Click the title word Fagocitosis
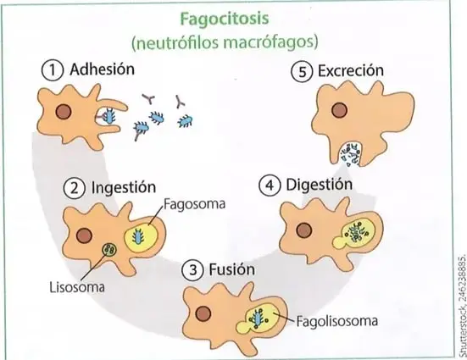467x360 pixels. click(x=225, y=19)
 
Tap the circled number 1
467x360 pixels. click(x=53, y=71)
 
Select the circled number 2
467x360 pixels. click(x=75, y=189)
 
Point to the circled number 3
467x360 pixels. click(x=193, y=270)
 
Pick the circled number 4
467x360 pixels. click(x=270, y=186)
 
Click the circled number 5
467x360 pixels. click(x=302, y=72)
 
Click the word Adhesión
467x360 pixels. click(x=103, y=69)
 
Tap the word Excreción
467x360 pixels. click(x=351, y=71)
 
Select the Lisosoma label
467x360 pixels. click(x=77, y=288)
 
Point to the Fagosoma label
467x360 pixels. click(x=194, y=204)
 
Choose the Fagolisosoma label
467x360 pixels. click(x=337, y=321)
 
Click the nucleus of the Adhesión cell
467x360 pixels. click(x=64, y=112)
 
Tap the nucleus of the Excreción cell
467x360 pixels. click(x=340, y=110)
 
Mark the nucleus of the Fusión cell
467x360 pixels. click(x=203, y=314)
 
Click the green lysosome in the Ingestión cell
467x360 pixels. click(x=109, y=249)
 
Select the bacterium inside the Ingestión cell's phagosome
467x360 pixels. click(x=138, y=235)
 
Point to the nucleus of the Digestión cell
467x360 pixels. click(x=304, y=230)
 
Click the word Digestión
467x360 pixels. click(x=319, y=185)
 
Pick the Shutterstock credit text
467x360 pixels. click(x=462, y=304)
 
